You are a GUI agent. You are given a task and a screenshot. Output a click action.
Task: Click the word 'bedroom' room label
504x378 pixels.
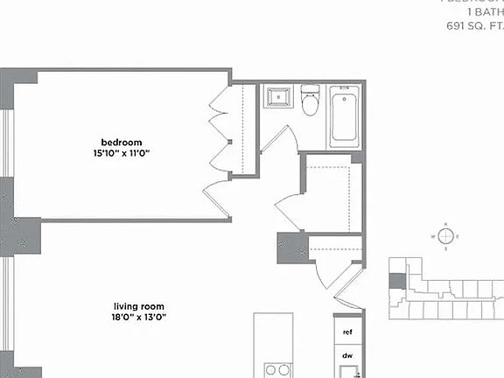(122, 143)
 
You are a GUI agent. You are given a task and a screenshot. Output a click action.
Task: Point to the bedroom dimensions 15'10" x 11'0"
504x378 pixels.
(122, 153)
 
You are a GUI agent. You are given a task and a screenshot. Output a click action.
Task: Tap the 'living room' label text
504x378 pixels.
(134, 306)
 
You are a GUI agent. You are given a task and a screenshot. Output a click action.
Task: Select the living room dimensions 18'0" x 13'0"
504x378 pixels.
(134, 318)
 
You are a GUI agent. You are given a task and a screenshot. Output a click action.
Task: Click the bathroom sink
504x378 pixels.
(280, 95)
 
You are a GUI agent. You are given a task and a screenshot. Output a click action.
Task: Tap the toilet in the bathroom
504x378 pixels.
(311, 101)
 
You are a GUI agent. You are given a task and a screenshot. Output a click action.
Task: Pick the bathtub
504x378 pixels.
(344, 117)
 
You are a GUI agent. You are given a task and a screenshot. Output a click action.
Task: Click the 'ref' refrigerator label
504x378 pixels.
(347, 332)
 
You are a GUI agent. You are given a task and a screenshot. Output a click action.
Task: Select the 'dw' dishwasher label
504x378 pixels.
(347, 356)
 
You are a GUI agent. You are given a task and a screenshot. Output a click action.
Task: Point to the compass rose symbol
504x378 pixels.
(445, 236)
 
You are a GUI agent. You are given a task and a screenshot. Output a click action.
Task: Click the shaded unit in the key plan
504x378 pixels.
(396, 281)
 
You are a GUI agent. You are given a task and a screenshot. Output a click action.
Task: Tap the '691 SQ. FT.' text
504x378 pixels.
(473, 26)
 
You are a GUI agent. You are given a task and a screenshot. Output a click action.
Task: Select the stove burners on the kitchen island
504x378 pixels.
(277, 369)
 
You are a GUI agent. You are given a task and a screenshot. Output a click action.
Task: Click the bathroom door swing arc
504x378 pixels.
(278, 140)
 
